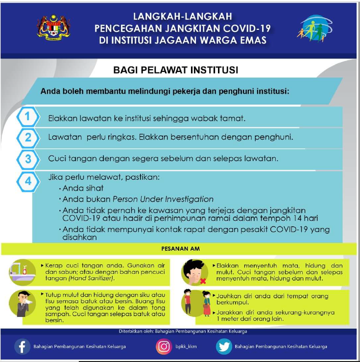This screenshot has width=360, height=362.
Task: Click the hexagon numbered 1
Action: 28,117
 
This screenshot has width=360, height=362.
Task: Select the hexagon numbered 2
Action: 28,137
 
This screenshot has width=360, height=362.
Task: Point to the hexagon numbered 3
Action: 28,158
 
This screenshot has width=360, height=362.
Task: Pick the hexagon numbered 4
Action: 28,181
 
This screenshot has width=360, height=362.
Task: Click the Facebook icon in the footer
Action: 22,346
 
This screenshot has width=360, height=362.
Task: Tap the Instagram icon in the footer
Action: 164,346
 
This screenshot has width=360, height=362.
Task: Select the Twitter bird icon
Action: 224,346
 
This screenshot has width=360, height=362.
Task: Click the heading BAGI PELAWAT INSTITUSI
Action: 176,71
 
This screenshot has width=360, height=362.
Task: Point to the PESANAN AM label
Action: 180,249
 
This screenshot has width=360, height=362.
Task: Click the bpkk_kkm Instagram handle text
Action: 186,347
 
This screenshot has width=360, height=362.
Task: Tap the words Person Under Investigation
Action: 163,199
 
